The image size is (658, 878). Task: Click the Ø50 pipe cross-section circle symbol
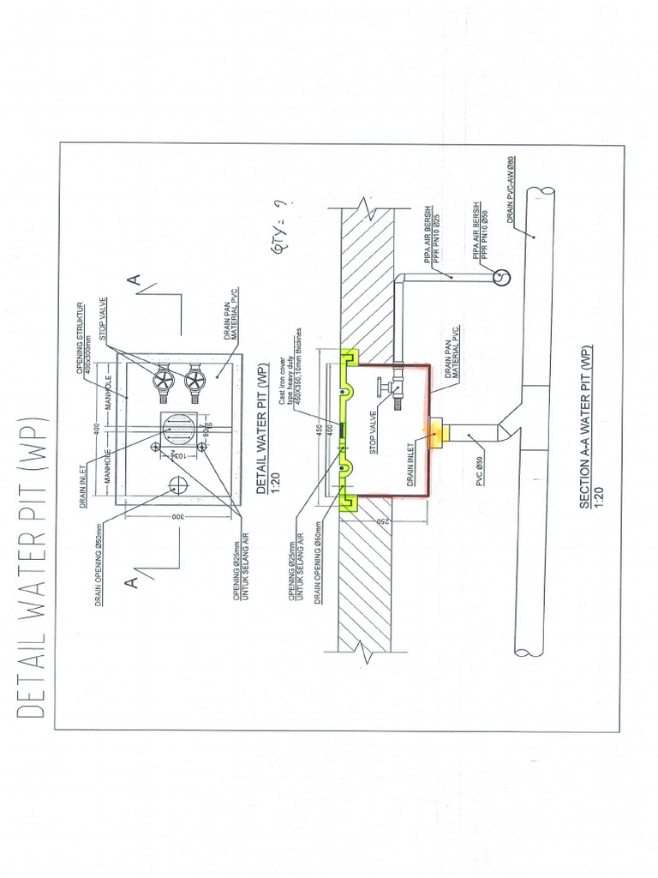click(501, 277)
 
